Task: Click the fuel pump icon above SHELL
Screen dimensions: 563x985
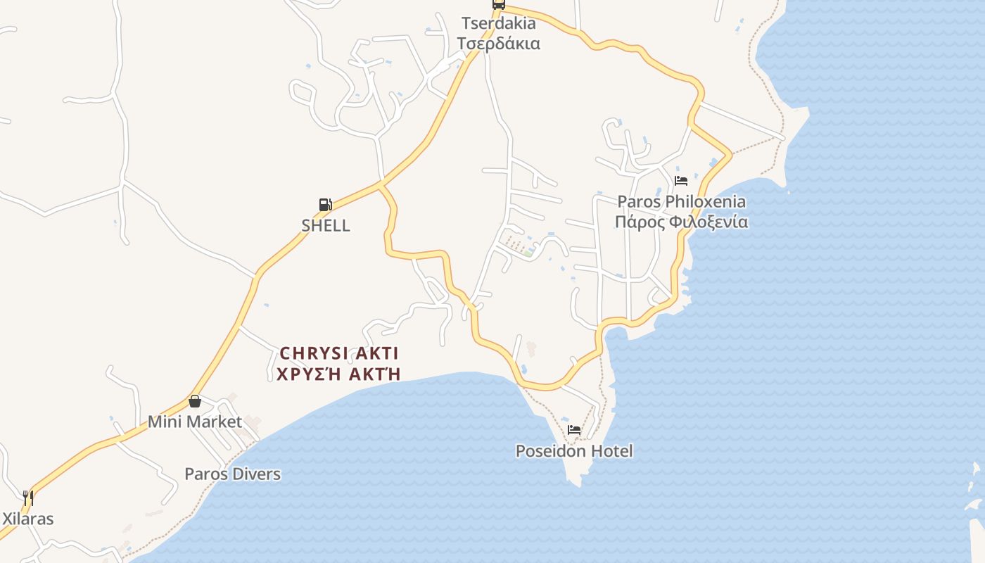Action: [325, 205]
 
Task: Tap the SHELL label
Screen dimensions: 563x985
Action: [326, 226]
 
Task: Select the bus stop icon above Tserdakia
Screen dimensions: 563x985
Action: [498, 4]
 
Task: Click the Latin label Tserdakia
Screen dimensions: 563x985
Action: [498, 23]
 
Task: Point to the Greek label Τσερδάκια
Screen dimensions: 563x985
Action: [498, 44]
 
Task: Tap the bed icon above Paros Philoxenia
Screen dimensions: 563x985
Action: [680, 181]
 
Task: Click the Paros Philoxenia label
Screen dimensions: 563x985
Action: [681, 202]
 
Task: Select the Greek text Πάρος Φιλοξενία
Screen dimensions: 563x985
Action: [681, 222]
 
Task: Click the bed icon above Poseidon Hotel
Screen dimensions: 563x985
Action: [574, 429]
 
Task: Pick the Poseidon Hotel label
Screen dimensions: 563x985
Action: [574, 451]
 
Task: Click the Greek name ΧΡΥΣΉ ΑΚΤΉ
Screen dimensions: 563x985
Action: [339, 374]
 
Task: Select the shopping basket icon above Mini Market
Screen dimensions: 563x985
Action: [195, 401]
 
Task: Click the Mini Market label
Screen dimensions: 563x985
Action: [195, 422]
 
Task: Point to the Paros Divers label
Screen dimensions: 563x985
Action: [232, 474]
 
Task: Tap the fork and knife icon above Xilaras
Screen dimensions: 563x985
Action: [28, 498]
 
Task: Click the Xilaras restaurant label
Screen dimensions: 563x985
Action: [28, 519]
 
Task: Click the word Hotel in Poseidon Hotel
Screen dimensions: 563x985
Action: [611, 451]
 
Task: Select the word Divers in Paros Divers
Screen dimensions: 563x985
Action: [253, 474]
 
